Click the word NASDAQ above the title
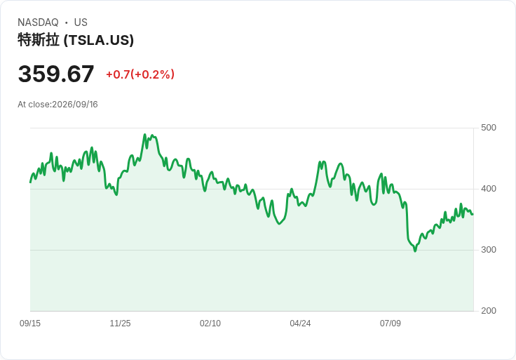tap(38, 22)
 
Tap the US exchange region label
tap(81, 22)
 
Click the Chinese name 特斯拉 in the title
tap(39, 40)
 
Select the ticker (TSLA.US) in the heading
tap(99, 40)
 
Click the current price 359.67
tap(56, 74)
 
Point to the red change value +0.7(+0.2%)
tap(140, 74)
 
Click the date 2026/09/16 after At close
tap(75, 105)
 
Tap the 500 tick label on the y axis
tap(489, 128)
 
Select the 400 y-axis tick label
tap(489, 189)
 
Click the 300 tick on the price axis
tap(489, 250)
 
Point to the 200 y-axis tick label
tap(489, 311)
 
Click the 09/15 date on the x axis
tap(30, 324)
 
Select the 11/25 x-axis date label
tap(120, 324)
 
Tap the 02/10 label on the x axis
tap(210, 324)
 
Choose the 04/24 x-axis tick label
tap(300, 324)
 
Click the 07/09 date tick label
tap(391, 324)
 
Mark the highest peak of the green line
tap(145, 134)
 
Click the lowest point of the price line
tap(415, 251)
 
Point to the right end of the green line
tap(473, 215)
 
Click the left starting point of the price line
tap(30, 182)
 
